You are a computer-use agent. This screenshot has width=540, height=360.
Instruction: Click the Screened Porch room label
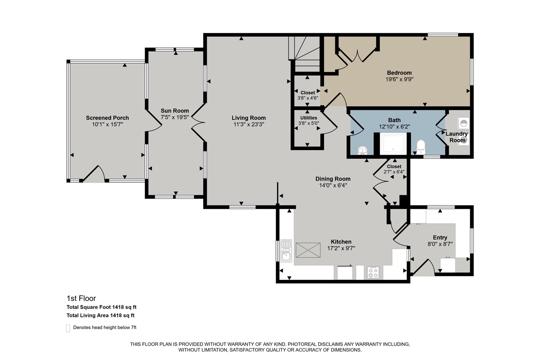107,118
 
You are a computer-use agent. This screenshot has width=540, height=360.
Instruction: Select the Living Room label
248,118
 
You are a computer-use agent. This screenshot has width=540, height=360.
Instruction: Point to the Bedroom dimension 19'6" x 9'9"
399,79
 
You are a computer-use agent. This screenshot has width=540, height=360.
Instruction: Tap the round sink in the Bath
362,150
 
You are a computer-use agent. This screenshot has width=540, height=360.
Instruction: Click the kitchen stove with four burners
373,272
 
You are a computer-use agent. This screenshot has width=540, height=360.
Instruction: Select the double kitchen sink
286,251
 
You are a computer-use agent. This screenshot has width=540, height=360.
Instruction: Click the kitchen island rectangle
308,250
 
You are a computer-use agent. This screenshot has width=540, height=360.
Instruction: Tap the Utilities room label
308,118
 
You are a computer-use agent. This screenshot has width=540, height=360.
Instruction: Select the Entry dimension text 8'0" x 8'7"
440,244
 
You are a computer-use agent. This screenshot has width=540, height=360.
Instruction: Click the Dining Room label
333,179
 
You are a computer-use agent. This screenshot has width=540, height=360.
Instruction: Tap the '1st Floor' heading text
81,298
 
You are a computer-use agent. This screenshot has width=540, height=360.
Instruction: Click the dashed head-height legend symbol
68,328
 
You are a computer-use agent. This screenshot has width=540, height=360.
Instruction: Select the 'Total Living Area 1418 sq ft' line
101,315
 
